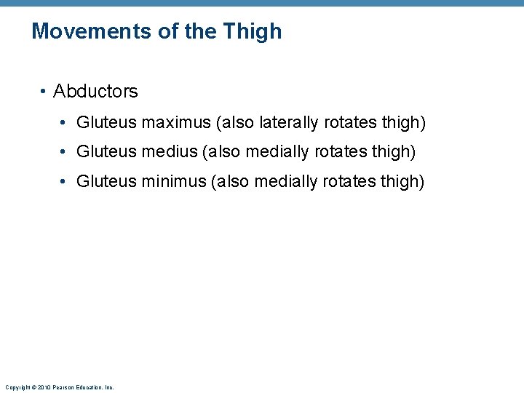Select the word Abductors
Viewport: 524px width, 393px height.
[x=95, y=92]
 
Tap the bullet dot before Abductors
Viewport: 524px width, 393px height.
[x=44, y=92]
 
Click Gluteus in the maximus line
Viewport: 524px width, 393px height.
[x=106, y=122]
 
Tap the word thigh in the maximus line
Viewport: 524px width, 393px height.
[x=403, y=122]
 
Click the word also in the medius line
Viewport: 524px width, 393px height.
[x=223, y=152]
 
